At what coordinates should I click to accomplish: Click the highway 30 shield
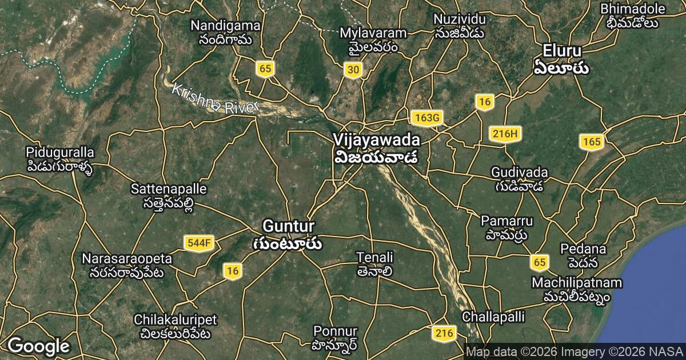click(353, 70)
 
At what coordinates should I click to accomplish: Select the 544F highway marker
click(199, 243)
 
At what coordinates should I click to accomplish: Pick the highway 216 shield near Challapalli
click(444, 333)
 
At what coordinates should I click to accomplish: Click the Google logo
click(38, 346)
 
